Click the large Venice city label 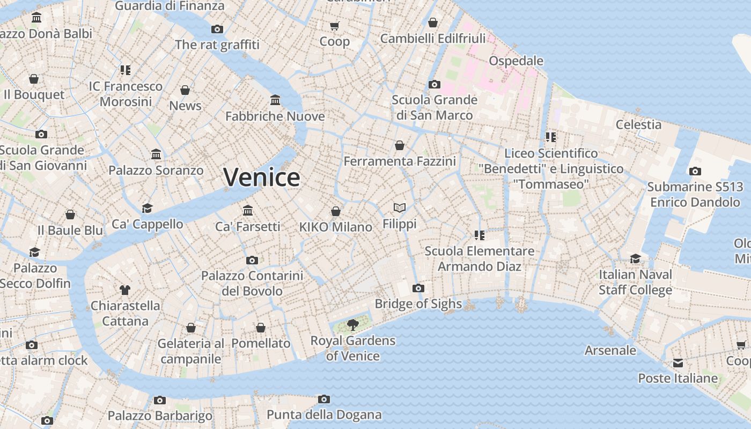point(261,177)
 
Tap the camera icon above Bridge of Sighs point(418,289)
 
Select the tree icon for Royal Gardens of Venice point(352,324)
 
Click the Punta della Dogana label point(324,415)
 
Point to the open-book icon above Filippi point(400,208)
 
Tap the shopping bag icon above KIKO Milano point(336,211)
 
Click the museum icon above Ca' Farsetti point(248,210)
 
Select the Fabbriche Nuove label point(275,116)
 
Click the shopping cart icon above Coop point(335,26)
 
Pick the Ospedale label point(516,61)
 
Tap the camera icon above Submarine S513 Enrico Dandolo point(695,172)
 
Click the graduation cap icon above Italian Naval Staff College point(635,258)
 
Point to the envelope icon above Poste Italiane point(678,363)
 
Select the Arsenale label point(610,351)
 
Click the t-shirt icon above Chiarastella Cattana point(125,290)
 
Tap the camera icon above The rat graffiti point(217,29)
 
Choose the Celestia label point(638,124)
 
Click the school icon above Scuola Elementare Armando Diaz point(479,235)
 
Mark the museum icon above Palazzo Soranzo point(156,154)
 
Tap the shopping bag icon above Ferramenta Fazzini point(400,145)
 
